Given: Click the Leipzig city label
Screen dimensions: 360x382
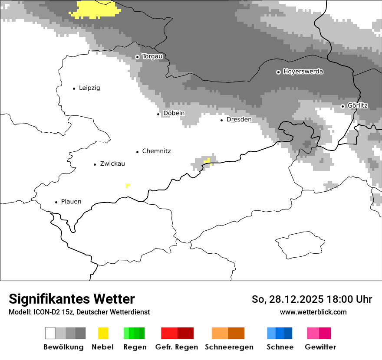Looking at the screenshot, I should pyautogui.click(x=89, y=88).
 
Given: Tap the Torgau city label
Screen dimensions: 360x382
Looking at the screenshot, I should pyautogui.click(x=152, y=56).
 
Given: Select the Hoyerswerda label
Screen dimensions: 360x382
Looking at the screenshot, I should pyautogui.click(x=303, y=72).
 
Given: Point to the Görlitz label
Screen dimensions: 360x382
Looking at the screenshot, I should pyautogui.click(x=358, y=105).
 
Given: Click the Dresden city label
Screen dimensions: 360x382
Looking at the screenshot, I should pyautogui.click(x=239, y=119).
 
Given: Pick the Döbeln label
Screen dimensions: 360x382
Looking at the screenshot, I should pyautogui.click(x=174, y=113).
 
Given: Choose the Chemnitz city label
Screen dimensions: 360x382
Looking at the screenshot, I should pyautogui.click(x=156, y=151).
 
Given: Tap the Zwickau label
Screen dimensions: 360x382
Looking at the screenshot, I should pyautogui.click(x=112, y=164).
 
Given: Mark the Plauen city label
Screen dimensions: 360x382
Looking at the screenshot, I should pyautogui.click(x=71, y=201).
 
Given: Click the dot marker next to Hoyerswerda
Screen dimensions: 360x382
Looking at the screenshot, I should pyautogui.click(x=278, y=72).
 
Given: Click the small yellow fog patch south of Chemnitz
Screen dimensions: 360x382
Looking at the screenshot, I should pyautogui.click(x=127, y=186).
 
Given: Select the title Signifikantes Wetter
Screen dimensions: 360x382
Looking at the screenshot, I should pyautogui.click(x=72, y=299).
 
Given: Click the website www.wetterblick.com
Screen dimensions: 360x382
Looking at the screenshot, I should pyautogui.click(x=313, y=312).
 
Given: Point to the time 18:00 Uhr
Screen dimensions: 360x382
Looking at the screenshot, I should pyautogui.click(x=352, y=299).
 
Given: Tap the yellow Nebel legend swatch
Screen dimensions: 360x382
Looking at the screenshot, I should pyautogui.click(x=103, y=333).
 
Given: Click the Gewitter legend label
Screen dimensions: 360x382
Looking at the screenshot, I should pyautogui.click(x=320, y=347).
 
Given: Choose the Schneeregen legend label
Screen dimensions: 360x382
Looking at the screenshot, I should pyautogui.click(x=229, y=347).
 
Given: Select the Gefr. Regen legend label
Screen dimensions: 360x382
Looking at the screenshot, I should pyautogui.click(x=177, y=347).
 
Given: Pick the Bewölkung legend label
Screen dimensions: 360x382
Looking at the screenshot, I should pyautogui.click(x=63, y=347).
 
